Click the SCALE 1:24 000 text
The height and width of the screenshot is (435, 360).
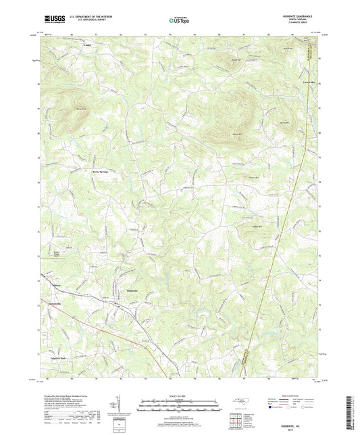179,396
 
